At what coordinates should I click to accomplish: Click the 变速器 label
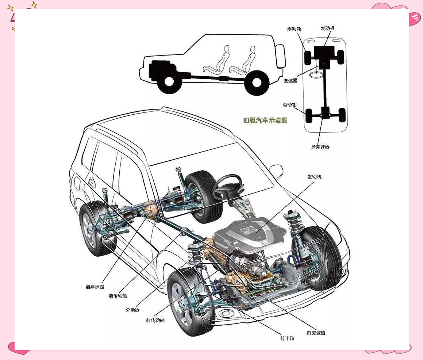click(291, 81)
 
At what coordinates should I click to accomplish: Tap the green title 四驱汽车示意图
click(265, 120)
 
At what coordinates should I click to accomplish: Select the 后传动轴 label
click(118, 296)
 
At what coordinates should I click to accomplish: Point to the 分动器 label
click(132, 310)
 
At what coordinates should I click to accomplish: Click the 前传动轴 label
click(155, 320)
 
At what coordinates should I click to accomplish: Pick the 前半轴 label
click(287, 338)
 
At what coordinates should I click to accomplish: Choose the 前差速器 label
click(316, 333)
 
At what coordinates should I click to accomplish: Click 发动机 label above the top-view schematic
click(327, 28)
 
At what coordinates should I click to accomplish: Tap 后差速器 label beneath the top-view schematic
click(320, 147)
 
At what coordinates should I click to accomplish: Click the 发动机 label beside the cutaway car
click(314, 177)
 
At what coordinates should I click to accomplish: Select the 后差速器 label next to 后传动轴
click(95, 287)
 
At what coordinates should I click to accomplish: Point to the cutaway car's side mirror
click(276, 171)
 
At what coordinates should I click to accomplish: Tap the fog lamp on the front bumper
click(226, 313)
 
